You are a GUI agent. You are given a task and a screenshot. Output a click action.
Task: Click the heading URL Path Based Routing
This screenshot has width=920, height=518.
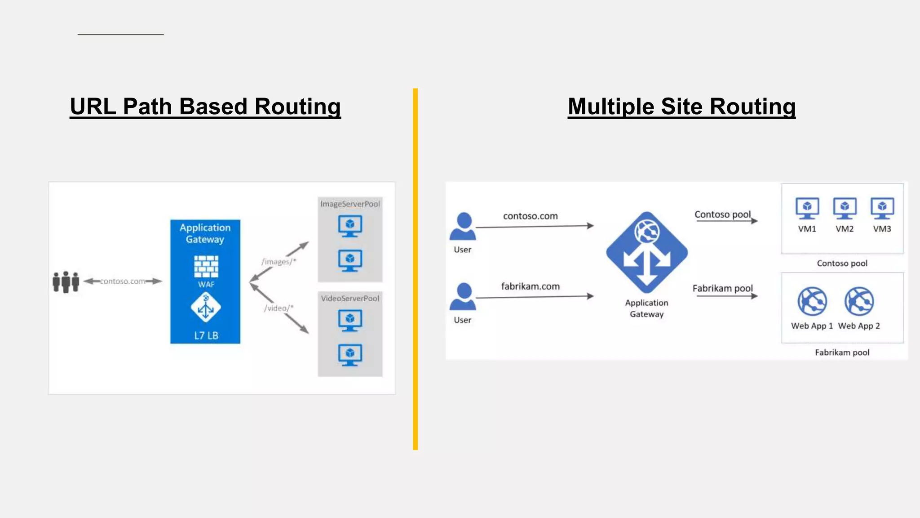click(205, 107)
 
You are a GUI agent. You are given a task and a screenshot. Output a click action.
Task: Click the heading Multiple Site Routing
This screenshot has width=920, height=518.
click(681, 107)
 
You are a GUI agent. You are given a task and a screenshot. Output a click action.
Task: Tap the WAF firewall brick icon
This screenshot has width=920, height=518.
click(206, 266)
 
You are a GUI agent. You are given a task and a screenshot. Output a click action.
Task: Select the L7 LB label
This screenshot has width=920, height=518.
click(206, 335)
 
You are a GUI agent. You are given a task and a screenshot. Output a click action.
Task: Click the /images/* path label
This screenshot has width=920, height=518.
click(279, 262)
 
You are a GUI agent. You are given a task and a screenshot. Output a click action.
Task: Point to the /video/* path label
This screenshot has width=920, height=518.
click(279, 308)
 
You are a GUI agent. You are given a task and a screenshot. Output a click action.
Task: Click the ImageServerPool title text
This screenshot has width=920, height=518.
click(350, 204)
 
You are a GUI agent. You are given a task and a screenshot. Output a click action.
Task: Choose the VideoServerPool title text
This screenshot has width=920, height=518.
click(350, 299)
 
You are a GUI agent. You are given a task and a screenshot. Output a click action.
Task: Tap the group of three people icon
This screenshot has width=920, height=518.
click(66, 282)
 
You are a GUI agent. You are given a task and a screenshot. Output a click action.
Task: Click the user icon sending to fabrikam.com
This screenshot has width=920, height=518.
click(463, 297)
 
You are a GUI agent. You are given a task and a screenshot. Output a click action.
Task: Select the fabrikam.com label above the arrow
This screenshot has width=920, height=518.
click(530, 286)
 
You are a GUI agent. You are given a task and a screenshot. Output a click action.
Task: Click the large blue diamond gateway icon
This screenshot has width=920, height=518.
click(646, 252)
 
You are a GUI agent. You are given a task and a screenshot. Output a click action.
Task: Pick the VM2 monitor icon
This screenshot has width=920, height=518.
click(845, 208)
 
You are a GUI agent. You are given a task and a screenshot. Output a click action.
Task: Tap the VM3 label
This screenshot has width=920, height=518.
click(882, 229)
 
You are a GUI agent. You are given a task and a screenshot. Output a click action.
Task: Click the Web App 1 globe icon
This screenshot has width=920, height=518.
click(812, 301)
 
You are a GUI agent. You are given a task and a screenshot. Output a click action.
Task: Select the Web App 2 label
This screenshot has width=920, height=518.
click(859, 326)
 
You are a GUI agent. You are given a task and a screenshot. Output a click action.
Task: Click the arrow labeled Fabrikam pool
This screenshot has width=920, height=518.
click(726, 296)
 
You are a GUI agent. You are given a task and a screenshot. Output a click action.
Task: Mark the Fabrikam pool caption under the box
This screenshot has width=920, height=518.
click(842, 353)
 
